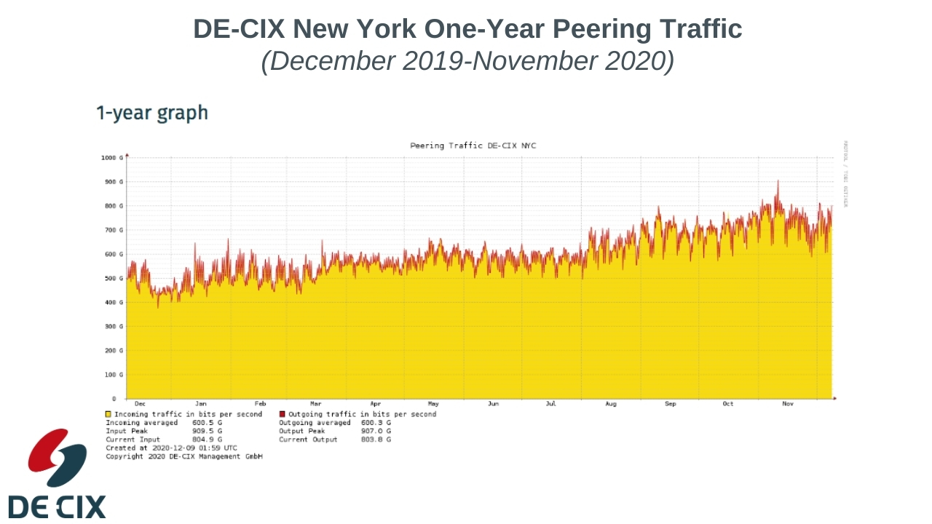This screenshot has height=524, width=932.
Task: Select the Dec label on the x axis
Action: click(140, 403)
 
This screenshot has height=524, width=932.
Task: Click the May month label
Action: click(433, 403)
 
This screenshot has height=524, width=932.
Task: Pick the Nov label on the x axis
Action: click(787, 403)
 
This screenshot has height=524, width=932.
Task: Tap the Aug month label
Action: click(611, 403)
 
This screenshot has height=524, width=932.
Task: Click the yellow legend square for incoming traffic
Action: click(108, 414)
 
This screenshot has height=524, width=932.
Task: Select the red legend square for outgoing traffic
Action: click(283, 414)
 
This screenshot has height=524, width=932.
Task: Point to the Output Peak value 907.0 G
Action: click(376, 431)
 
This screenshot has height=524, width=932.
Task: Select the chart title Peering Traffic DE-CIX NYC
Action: click(473, 146)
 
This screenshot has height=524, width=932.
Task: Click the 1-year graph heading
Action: click(152, 114)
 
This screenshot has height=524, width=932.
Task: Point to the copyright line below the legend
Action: click(183, 457)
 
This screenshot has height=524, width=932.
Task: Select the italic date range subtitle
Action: click(467, 61)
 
